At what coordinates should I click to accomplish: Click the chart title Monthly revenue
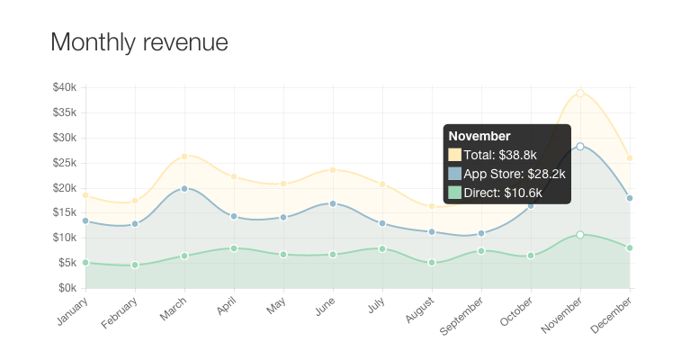coord(139,42)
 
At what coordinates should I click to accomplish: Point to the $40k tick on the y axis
coord(65,87)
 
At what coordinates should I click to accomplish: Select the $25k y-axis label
coord(65,163)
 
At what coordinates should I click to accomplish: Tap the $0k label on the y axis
coord(67,288)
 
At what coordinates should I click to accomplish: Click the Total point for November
coord(580,94)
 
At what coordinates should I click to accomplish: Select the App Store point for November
coord(580,146)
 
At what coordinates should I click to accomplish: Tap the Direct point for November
coord(580,235)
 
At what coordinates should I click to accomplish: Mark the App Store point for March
coord(184,188)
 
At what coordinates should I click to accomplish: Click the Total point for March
coord(184,157)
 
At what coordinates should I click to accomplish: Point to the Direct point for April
coord(234,248)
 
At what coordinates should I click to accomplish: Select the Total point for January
coord(85,195)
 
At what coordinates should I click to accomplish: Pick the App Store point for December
coord(630,198)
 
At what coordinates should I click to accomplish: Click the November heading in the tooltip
coord(479,136)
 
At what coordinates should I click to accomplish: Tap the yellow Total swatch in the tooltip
coord(454,155)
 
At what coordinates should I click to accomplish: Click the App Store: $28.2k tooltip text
coord(515,174)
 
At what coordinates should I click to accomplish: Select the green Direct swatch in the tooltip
coord(454,193)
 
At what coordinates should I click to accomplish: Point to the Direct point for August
coord(432,263)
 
